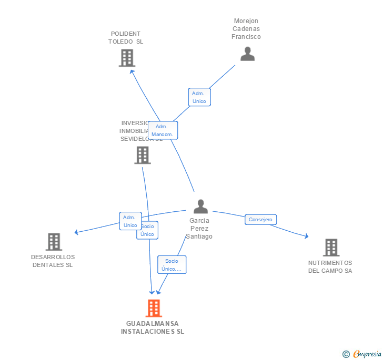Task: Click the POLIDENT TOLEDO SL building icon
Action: (x=127, y=58)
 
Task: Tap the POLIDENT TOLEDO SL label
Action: (x=126, y=37)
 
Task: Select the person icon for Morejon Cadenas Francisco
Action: (x=247, y=54)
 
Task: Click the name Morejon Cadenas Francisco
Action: (x=246, y=29)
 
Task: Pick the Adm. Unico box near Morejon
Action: (x=199, y=97)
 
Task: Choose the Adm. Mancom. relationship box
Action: (x=163, y=130)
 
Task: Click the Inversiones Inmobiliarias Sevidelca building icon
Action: (x=142, y=155)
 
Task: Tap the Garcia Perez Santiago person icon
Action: (x=200, y=207)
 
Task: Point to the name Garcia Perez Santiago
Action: (x=200, y=229)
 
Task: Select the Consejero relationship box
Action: (x=260, y=220)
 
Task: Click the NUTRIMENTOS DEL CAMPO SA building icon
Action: (x=331, y=247)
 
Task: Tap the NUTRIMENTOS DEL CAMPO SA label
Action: (x=330, y=266)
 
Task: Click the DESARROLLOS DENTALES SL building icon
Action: (x=54, y=242)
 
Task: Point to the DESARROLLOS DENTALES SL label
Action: (x=53, y=261)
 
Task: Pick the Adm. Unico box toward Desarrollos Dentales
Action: (x=129, y=221)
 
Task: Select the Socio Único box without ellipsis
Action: (x=148, y=230)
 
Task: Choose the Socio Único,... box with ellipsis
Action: (x=172, y=264)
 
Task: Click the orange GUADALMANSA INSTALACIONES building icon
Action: (x=154, y=308)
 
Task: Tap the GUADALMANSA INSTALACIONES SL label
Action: (x=153, y=327)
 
